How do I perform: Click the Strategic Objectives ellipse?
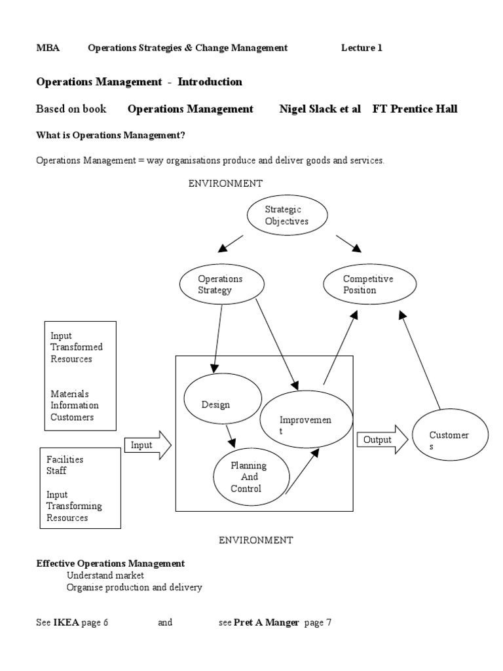286,216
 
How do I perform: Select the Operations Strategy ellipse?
220,284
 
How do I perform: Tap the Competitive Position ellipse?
369,284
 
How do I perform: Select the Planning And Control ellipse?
248,476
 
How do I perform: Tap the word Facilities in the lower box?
65,459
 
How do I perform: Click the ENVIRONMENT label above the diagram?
226,183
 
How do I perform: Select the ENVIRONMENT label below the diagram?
256,540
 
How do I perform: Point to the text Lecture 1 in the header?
361,48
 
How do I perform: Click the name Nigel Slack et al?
320,109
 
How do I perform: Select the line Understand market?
105,575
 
